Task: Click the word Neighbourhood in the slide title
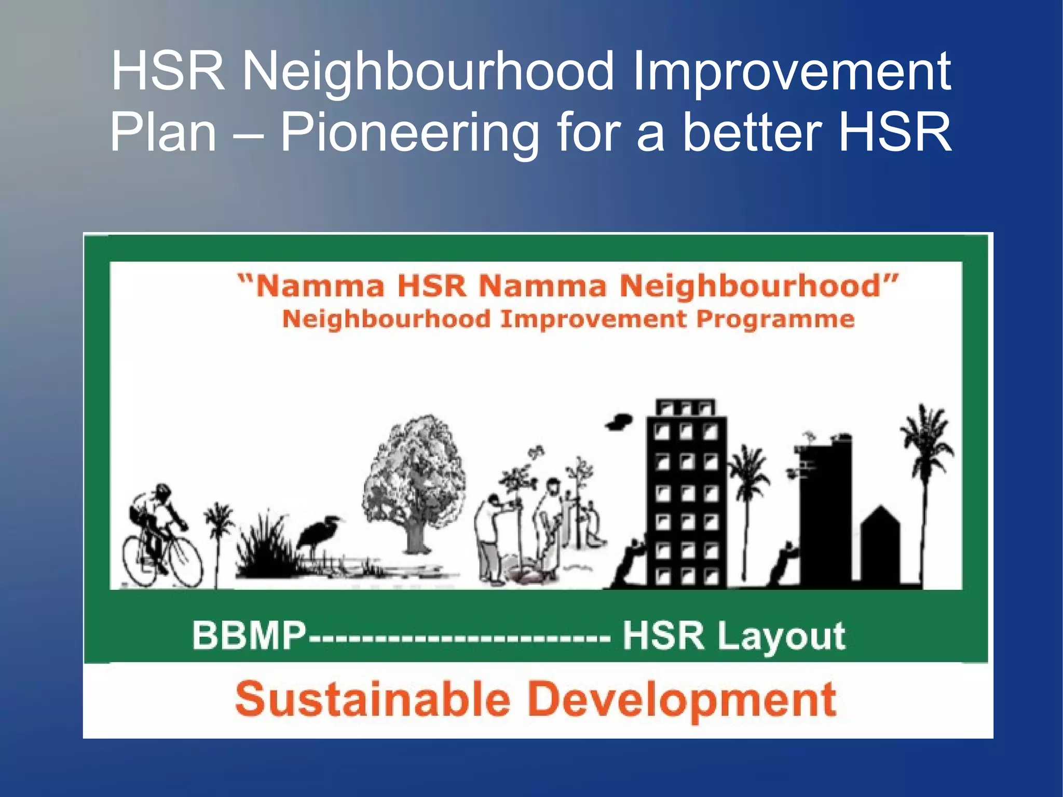[428, 72]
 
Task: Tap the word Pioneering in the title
[410, 133]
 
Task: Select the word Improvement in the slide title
[791, 72]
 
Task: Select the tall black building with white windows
[686, 493]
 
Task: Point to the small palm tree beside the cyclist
[219, 535]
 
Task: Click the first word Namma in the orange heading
[320, 287]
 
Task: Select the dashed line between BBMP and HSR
[459, 637]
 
